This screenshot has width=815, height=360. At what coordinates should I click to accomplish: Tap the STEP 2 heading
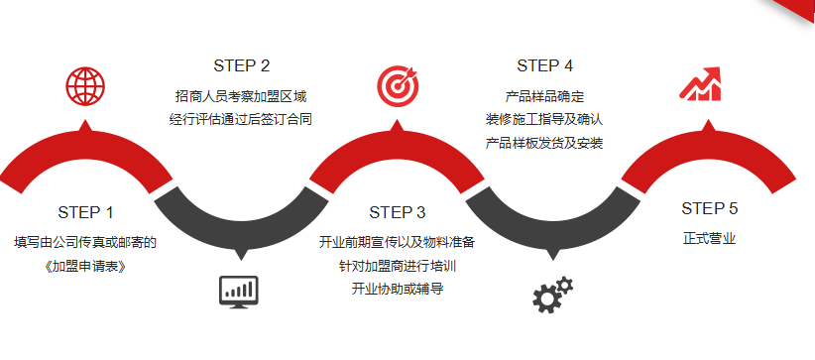(241, 66)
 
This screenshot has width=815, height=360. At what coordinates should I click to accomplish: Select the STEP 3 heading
(397, 212)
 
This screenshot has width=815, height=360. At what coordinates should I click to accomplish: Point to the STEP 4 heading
(544, 66)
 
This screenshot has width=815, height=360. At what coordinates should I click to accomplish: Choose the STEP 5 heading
(709, 208)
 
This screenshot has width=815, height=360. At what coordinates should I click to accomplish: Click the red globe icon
(85, 86)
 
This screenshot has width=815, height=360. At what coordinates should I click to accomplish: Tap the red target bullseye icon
(397, 86)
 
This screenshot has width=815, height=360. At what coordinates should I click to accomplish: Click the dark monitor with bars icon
(238, 292)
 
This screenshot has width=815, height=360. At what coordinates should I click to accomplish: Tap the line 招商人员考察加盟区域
(241, 96)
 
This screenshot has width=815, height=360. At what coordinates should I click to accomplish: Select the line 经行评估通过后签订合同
(241, 119)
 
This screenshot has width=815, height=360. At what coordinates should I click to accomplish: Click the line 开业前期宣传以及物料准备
(397, 242)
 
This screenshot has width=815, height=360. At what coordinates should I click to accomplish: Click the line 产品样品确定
(544, 96)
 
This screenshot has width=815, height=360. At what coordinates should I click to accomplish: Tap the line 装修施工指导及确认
(544, 119)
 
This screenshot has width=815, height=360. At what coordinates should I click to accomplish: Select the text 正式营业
(709, 238)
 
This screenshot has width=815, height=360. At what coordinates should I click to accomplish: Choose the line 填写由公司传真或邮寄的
(85, 242)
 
